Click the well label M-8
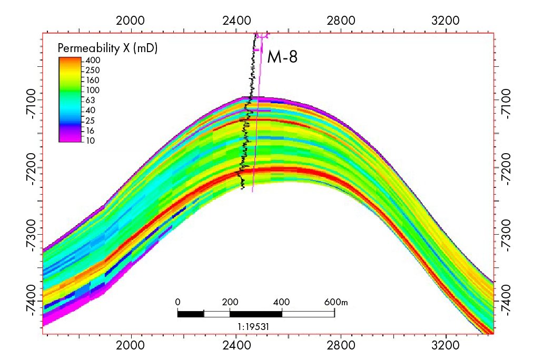282,56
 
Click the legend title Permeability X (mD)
107,48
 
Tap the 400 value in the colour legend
93,61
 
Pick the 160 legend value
93,81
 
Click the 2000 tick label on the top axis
130,21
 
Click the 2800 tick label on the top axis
340,21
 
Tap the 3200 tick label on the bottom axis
445,348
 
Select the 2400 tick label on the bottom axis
235,348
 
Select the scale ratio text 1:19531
255,326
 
